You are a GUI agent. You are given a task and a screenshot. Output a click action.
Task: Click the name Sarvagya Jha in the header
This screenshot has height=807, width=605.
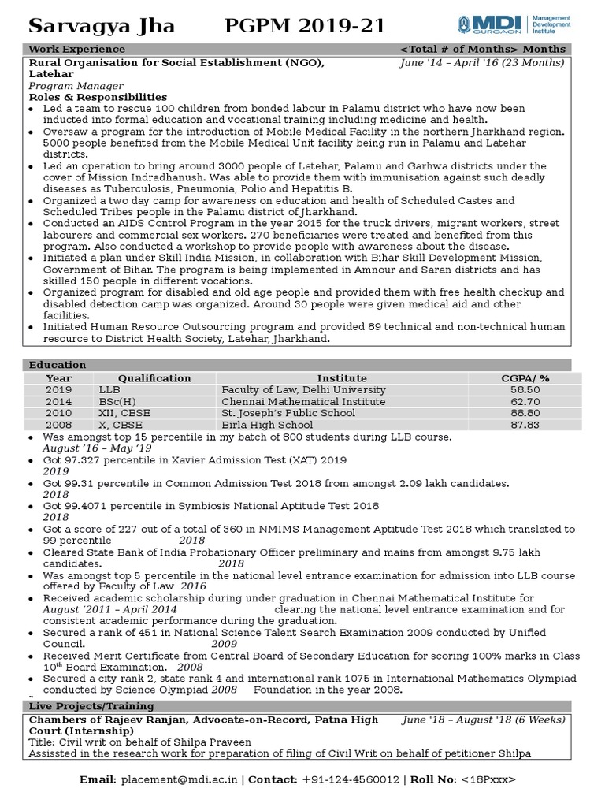102,27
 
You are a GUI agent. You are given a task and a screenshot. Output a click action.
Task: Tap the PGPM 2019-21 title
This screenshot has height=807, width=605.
306,27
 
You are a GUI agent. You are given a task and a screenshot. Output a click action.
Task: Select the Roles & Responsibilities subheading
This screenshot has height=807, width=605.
98,97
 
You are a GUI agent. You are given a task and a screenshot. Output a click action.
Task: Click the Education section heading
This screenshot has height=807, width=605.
58,365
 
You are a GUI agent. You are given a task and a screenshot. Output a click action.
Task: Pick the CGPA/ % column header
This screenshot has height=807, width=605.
525,378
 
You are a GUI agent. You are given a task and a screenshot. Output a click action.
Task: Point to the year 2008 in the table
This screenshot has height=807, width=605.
58,426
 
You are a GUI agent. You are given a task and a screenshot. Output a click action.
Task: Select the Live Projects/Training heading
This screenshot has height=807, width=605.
91,706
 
